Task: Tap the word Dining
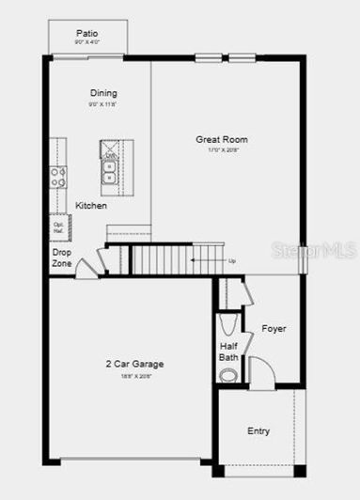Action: coord(103,92)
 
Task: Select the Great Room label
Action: coord(221,138)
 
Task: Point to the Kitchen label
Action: coord(91,205)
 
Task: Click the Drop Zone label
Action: coord(61,258)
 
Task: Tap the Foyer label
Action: coord(274,328)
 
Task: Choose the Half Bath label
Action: coord(228,351)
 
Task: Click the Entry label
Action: coord(258,431)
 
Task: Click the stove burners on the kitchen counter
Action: coord(58,177)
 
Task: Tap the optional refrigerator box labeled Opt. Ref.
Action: coord(57,227)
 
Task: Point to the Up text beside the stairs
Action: coord(231,259)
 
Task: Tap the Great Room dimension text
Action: coord(221,150)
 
